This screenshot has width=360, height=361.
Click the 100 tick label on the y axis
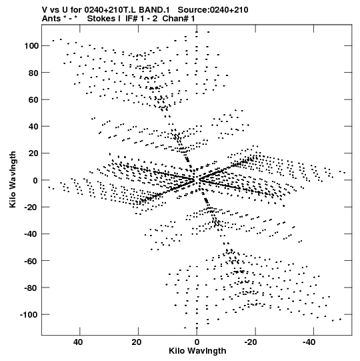point(31,46)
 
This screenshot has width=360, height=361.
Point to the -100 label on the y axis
point(29,314)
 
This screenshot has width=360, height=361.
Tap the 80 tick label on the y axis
point(33,73)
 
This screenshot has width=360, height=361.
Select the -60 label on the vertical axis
point(31,261)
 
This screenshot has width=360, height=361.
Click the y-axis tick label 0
point(35,180)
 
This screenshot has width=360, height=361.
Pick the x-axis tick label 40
point(78,342)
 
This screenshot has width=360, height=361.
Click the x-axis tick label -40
point(309,342)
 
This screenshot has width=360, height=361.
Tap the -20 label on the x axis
point(250,342)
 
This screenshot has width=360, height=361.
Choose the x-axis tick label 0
point(197,342)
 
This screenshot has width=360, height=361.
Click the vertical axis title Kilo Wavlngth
point(13,179)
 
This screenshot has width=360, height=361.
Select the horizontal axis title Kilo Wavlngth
point(197,351)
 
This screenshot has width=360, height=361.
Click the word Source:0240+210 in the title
point(213,10)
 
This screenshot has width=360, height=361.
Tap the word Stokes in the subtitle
point(102,19)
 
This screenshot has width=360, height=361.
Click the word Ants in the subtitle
point(51,19)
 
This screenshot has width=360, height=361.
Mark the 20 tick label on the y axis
point(33,153)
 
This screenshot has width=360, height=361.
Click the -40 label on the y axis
point(31,234)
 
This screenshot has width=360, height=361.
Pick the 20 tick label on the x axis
point(137,342)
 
